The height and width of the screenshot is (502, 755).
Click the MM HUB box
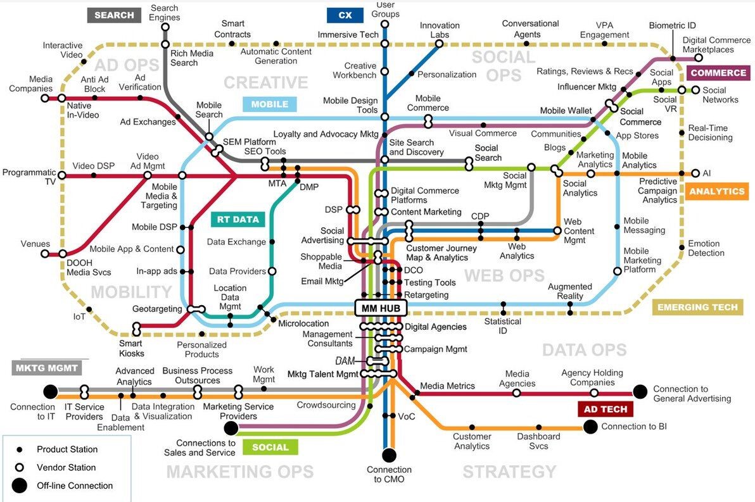(381, 308)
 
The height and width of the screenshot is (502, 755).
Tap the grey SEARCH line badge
(114, 15)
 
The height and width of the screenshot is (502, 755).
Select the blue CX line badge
(345, 15)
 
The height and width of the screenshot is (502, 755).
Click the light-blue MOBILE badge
(270, 104)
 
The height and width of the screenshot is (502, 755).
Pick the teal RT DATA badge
(238, 220)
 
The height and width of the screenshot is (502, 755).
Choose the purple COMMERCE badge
(718, 73)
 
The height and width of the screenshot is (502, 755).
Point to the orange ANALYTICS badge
(717, 192)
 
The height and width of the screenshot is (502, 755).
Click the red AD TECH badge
(606, 409)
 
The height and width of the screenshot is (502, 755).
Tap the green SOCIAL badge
(270, 447)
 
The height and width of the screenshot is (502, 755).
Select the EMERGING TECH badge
(698, 307)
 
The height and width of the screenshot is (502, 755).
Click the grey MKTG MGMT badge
(47, 368)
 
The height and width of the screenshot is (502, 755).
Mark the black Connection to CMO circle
(389, 455)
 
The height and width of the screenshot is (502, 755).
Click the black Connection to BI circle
(590, 427)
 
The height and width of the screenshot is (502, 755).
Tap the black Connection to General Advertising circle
(640, 392)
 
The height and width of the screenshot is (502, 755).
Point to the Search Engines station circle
(165, 27)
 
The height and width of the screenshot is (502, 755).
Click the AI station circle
(695, 173)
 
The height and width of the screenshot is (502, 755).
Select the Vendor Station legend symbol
(20, 467)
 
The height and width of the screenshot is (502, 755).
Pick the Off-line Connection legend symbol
(19, 486)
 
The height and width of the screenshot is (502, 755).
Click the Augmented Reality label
(570, 291)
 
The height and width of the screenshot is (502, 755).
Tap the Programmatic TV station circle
(61, 173)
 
